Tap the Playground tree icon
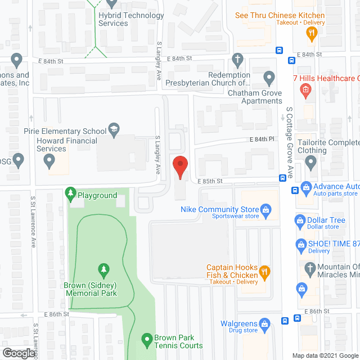tap(70, 195)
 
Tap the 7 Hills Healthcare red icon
tap(305, 88)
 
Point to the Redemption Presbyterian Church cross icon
tap(238, 58)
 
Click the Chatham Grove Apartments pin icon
tap(269, 76)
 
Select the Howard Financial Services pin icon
tap(50, 162)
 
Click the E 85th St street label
tap(211, 181)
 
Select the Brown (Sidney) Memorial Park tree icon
tap(103, 269)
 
